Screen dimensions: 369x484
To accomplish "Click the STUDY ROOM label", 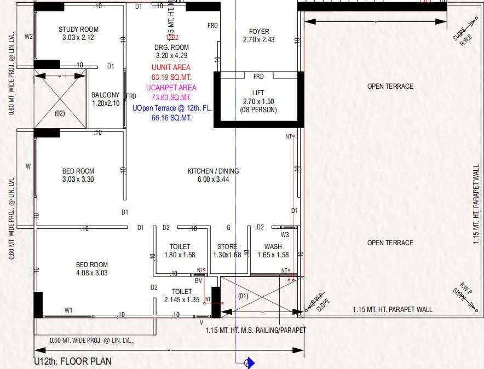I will coord(78,30).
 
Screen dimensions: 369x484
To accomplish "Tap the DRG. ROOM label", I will coord(171,48).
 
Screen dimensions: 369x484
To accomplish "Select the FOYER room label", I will coord(259,32).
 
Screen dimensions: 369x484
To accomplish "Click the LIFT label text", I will coord(258,93).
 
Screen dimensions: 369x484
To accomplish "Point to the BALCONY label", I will coord(105,95).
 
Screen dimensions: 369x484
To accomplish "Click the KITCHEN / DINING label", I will coord(213,171).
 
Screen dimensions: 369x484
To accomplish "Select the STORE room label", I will coord(227,247).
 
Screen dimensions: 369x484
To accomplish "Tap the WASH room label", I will coord(273,247).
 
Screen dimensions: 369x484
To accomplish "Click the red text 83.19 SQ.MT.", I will coord(171,77).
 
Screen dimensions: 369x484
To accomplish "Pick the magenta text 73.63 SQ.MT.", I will coord(171,97).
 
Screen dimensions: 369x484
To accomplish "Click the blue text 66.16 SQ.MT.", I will coord(171,118).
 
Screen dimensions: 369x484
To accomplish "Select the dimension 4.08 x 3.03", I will coord(91,273).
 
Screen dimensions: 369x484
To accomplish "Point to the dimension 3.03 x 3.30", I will coord(78,179).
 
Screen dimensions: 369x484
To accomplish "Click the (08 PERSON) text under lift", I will coord(258,109).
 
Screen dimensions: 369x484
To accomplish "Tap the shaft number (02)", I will coord(60,113).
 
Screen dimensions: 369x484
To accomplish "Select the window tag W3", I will coord(285,235).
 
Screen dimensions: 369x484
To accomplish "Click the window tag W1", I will coord(68,310).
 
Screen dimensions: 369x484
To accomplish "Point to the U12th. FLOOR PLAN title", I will coord(73,361).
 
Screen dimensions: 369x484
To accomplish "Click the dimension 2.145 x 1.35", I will coord(182,299).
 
